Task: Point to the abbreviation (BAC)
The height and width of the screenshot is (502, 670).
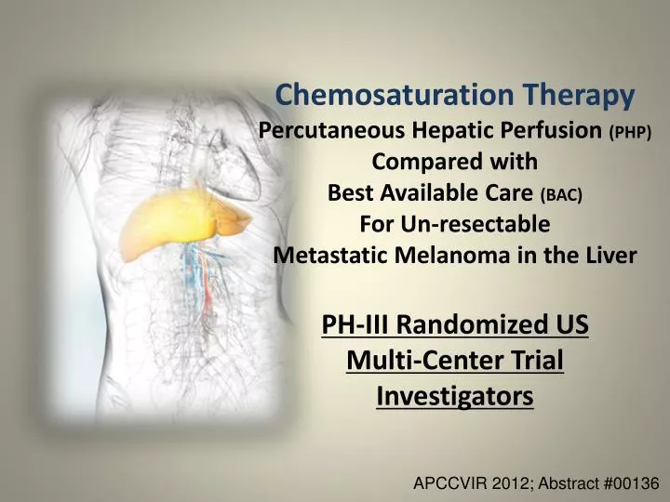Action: tap(561, 195)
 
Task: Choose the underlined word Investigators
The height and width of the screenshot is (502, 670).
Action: tap(455, 395)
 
